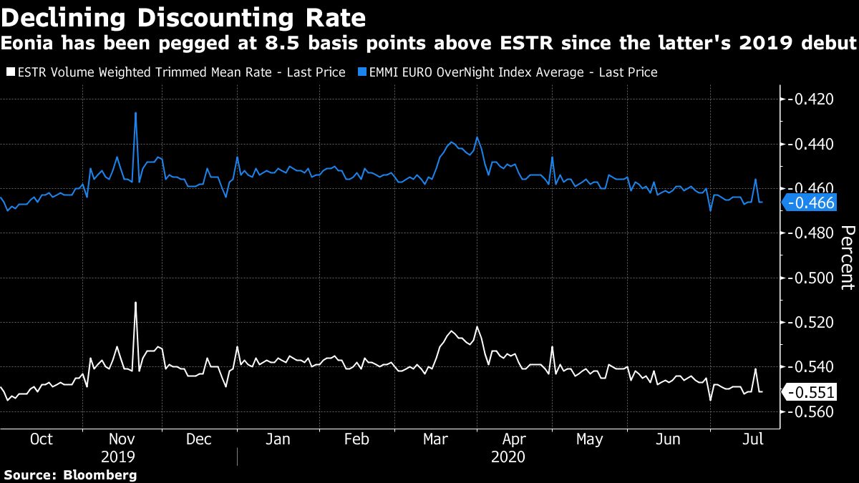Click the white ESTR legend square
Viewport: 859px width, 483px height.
10,72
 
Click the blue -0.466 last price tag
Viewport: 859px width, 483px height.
810,203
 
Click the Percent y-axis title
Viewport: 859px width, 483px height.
846,258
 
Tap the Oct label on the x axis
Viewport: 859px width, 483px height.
42,439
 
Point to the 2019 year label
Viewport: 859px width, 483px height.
118,457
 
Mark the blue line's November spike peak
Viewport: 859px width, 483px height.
135,112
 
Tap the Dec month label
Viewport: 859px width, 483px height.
198,439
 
